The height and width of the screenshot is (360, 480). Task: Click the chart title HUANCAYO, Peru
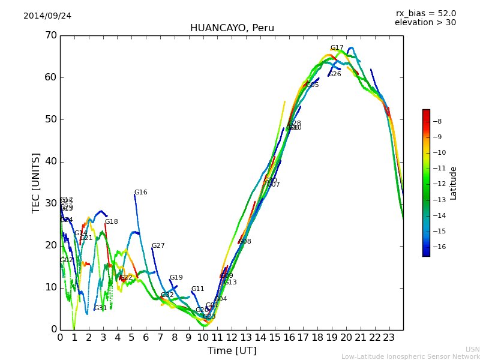click(232, 28)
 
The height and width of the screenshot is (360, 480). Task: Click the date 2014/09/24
click(47, 16)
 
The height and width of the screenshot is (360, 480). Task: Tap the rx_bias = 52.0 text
click(426, 14)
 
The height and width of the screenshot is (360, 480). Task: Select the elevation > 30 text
click(425, 23)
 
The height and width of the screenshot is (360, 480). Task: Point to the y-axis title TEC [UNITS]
click(36, 182)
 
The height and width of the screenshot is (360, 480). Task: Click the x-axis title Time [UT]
click(232, 351)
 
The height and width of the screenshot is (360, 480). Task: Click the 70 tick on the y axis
click(50, 35)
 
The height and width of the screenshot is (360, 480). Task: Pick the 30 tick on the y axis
click(50, 203)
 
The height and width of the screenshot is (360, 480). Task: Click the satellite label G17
click(337, 48)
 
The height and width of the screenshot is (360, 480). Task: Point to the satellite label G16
click(140, 193)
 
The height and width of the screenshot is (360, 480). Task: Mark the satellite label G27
click(158, 246)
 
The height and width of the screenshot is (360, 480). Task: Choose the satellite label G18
click(112, 222)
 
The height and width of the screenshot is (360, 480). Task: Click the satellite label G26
click(334, 74)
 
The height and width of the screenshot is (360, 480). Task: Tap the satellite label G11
click(198, 289)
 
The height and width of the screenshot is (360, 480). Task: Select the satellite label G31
click(100, 308)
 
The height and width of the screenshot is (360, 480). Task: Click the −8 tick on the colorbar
click(438, 121)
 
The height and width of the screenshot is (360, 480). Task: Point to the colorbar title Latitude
click(454, 182)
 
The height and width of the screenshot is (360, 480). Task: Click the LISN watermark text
click(473, 349)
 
